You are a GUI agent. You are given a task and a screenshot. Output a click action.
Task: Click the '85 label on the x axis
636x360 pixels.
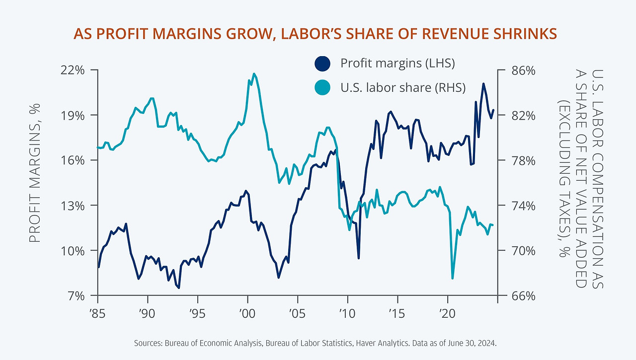98,314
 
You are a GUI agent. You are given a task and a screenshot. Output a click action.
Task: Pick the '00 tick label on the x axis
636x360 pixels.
247,314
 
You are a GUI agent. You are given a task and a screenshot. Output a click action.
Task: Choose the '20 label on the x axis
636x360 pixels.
447,314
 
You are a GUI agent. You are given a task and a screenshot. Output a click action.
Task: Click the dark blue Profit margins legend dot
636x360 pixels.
322,64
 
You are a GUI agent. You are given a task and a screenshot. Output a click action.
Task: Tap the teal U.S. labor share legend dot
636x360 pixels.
322,88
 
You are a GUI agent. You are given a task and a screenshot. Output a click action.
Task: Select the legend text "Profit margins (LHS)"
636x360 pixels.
397,64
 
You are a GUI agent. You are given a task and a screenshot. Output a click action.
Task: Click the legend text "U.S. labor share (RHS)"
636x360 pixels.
403,88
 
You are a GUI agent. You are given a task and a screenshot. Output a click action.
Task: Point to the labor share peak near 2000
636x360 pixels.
254,74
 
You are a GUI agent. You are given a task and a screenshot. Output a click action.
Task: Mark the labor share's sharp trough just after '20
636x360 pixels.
452,278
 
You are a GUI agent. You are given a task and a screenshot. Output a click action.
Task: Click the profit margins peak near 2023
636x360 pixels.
483,83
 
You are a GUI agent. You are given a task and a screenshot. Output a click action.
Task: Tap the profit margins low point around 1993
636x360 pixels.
178,288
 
